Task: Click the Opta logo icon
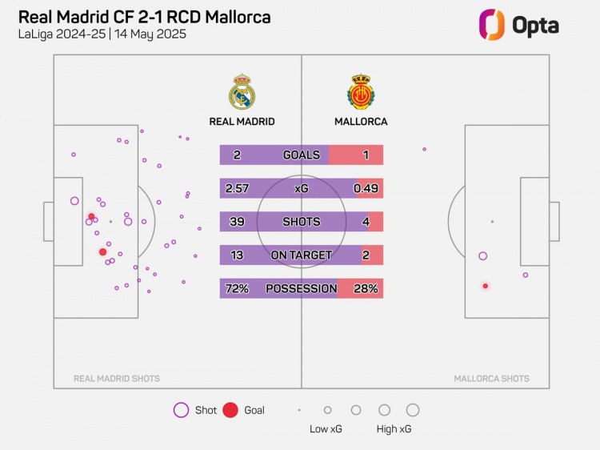490,25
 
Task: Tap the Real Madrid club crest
242,92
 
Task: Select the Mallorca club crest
361,92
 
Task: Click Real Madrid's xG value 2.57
238,188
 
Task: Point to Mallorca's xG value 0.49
366,188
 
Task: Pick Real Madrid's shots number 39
238,222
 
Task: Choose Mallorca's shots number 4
366,222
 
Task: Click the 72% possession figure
238,288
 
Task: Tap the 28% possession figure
366,288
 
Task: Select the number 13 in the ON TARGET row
238,255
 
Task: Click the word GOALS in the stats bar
302,155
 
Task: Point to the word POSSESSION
302,288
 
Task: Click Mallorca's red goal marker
485,286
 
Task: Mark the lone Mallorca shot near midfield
424,149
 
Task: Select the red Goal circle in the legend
230,410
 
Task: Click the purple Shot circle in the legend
181,410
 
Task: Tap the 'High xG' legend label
394,429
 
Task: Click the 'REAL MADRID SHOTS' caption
117,379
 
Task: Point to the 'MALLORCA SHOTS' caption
491,379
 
